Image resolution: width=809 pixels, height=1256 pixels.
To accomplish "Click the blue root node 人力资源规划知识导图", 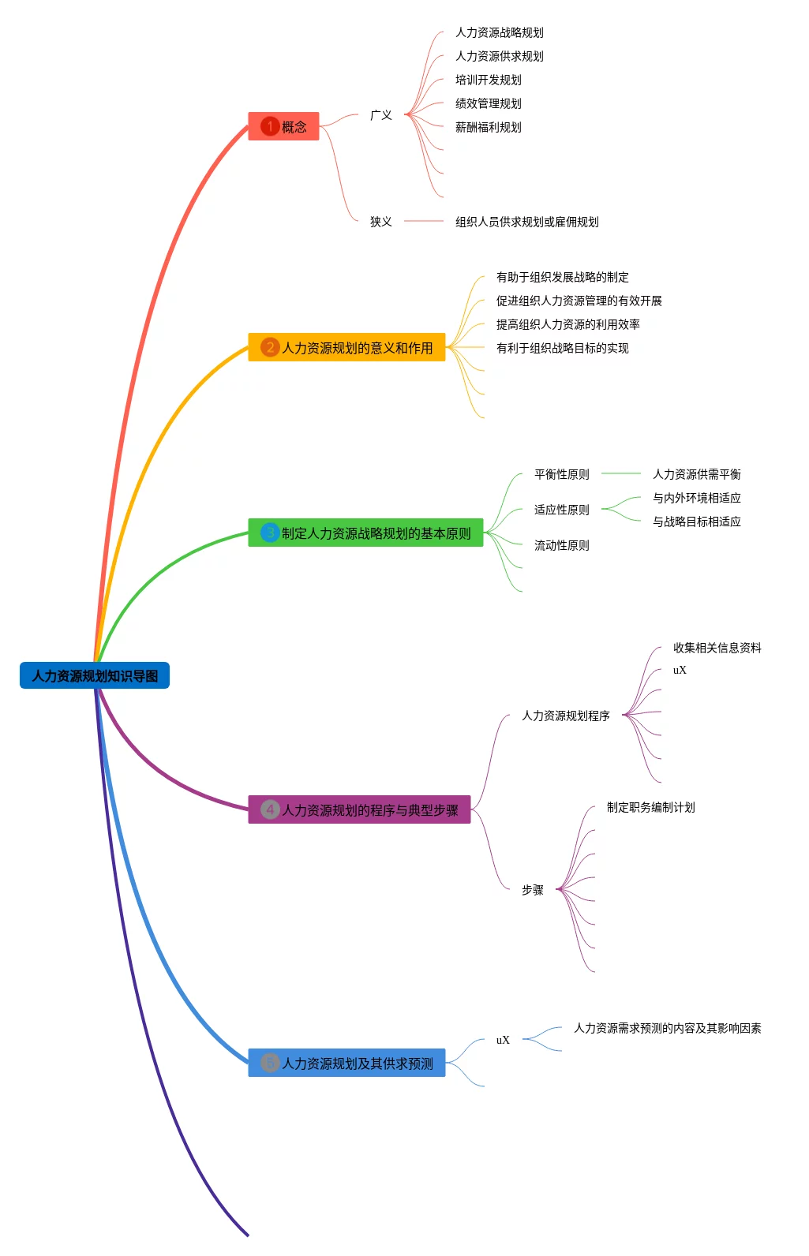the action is click(94, 675).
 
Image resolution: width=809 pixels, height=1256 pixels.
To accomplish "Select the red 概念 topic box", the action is click(283, 126).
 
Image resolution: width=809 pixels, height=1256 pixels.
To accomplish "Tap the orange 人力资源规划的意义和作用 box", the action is click(346, 347).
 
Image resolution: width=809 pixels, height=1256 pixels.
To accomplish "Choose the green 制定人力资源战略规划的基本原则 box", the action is click(365, 533).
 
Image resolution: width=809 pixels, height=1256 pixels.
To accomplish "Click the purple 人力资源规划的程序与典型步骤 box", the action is click(359, 809).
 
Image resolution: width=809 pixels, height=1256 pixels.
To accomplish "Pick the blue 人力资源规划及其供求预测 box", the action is click(346, 1063).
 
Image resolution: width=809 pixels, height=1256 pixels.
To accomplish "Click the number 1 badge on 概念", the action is click(270, 126).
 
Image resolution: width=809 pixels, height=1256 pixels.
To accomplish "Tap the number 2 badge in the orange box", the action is click(270, 347).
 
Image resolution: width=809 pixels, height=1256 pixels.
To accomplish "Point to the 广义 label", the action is click(381, 115).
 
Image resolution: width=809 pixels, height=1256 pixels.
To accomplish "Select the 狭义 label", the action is click(381, 222).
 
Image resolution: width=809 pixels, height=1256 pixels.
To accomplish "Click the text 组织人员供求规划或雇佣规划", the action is click(526, 222).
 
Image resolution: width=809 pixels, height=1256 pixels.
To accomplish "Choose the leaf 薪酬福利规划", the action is click(488, 127).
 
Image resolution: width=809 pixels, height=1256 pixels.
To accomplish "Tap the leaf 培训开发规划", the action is click(488, 80).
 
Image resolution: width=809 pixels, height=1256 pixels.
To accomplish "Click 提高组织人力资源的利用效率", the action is click(567, 324).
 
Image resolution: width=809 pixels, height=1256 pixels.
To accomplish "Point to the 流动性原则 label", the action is click(562, 545).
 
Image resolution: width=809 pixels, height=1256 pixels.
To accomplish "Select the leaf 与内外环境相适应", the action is click(697, 498).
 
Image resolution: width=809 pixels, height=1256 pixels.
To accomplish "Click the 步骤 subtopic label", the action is click(533, 890).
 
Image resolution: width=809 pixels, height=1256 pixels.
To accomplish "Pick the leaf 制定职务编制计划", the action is click(651, 807).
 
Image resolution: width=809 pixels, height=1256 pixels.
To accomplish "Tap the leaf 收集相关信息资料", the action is click(717, 648).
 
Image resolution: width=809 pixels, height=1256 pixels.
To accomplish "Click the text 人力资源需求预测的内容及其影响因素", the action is click(668, 1028).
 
